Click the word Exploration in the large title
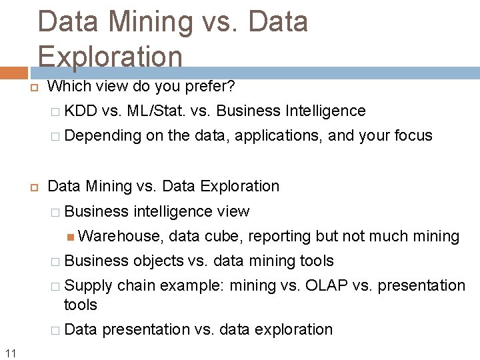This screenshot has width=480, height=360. (x=110, y=56)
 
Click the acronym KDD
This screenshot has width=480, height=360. (x=81, y=111)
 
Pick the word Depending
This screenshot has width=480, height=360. (x=104, y=136)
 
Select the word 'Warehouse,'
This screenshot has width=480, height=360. (x=121, y=236)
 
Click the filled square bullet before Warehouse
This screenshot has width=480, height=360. (x=71, y=237)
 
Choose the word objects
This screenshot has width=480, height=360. (x=159, y=261)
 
